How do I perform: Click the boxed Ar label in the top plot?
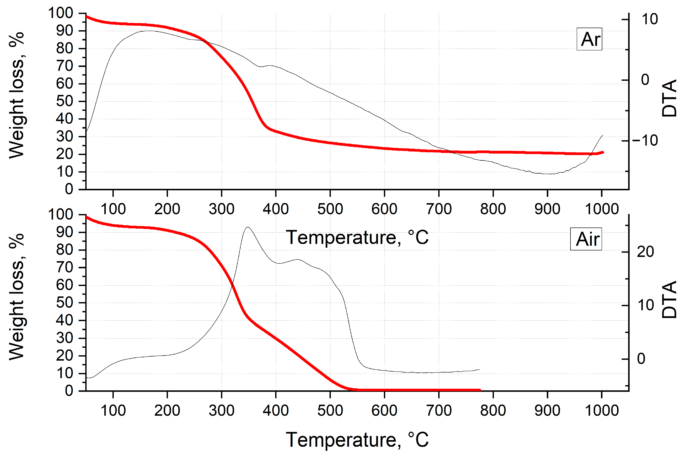click(x=589, y=39)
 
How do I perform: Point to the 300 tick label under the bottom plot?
click(x=221, y=410)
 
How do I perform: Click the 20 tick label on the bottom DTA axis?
click(x=645, y=252)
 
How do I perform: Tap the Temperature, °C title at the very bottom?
click(x=357, y=439)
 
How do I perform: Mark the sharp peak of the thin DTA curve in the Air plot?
click(x=248, y=227)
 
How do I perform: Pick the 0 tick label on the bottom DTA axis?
click(x=641, y=359)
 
